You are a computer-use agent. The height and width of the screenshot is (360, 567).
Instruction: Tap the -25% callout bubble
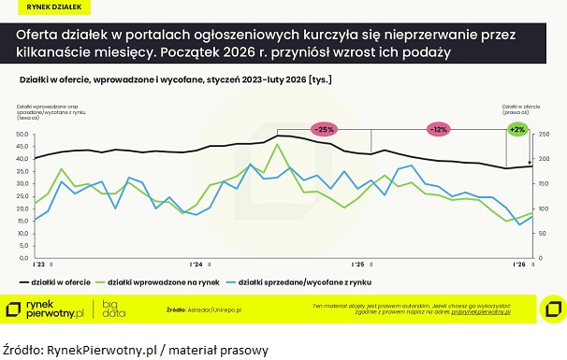[x=325, y=128]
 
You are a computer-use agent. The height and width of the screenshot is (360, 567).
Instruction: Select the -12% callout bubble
[x=439, y=128]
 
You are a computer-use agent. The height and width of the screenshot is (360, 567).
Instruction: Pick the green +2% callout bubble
[x=517, y=128]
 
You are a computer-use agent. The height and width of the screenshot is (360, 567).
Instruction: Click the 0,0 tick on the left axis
[x=25, y=257]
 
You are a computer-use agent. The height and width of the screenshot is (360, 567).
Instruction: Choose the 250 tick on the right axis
[x=542, y=134]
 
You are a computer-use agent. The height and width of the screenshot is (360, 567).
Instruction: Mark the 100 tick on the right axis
[x=542, y=208]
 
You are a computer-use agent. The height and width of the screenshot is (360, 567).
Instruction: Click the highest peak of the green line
[x=277, y=145]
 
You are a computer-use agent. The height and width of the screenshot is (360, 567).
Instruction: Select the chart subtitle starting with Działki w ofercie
[x=174, y=79]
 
